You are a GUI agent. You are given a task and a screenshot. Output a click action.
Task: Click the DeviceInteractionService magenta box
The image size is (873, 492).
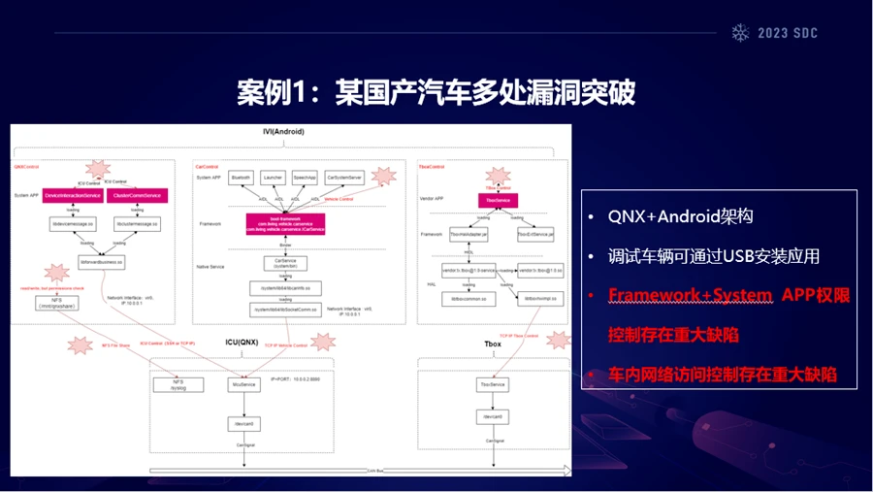pyautogui.click(x=74, y=195)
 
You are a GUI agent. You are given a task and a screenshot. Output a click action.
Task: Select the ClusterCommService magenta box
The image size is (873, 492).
pyautogui.click(x=137, y=195)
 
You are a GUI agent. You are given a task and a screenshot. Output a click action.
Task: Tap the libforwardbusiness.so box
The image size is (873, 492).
pyautogui.click(x=101, y=262)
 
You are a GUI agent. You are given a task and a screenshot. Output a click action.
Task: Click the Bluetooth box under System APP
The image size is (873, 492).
pyautogui.click(x=242, y=179)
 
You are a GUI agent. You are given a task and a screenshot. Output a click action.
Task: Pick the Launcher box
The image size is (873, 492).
pyautogui.click(x=273, y=179)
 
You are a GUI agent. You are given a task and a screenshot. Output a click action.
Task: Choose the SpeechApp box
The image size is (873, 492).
pyautogui.click(x=305, y=179)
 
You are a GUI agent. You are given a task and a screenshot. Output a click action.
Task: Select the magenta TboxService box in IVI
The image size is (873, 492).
pyautogui.click(x=498, y=200)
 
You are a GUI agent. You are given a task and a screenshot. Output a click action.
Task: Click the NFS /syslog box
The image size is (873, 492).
pyautogui.click(x=178, y=385)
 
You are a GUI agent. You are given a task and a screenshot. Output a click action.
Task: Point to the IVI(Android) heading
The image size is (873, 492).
pyautogui.click(x=282, y=131)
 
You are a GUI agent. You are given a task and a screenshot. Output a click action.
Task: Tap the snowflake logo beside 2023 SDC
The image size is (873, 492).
pyautogui.click(x=740, y=32)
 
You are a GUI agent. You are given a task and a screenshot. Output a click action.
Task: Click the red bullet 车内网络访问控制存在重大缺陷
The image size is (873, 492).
pyautogui.click(x=722, y=374)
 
